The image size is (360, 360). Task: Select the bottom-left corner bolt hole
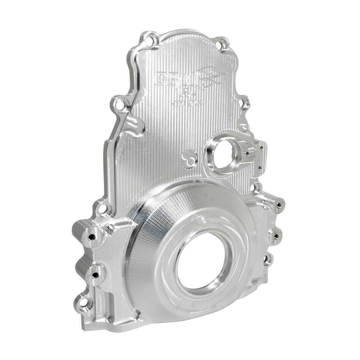84,303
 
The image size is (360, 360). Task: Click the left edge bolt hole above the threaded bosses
103,208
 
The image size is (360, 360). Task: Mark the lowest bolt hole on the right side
268,260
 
